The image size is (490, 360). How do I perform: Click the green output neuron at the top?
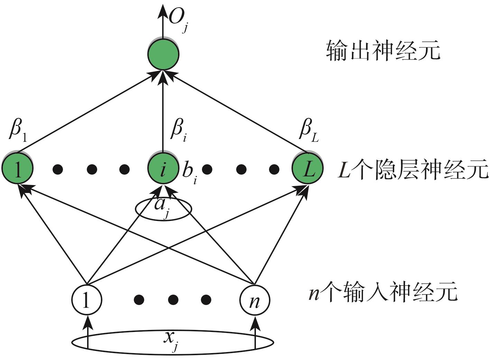click(x=163, y=54)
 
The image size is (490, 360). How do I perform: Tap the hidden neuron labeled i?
click(x=163, y=169)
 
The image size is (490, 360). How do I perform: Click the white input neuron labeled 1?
click(x=86, y=300)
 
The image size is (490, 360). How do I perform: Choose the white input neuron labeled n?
click(x=255, y=300)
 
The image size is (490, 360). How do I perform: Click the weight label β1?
click(x=19, y=131)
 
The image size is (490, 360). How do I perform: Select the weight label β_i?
click(x=179, y=131)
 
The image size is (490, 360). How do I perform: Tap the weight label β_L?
click(x=308, y=131)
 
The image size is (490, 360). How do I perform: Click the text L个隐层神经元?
click(x=413, y=170)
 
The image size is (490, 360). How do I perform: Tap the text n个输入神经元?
click(x=383, y=293)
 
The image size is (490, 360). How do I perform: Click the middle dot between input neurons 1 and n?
click(x=172, y=299)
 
